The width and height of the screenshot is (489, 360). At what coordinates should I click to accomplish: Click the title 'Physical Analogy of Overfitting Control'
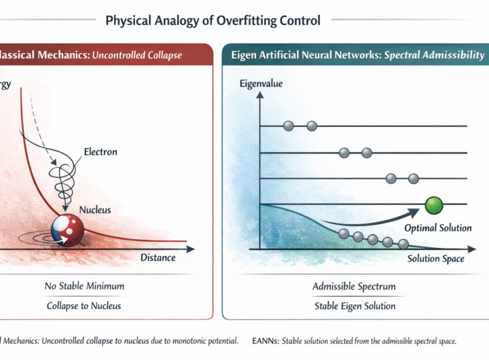[213, 20]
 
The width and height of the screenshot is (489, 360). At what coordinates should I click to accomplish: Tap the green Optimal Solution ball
[433, 204]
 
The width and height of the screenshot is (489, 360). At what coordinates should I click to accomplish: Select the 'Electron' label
[101, 151]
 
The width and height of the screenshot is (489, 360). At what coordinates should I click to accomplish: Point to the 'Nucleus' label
[94, 211]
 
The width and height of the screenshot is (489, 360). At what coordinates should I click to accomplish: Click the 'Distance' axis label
[158, 257]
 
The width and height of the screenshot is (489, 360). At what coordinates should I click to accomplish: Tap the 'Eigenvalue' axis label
[261, 84]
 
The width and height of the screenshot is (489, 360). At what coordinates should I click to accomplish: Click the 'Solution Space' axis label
[436, 259]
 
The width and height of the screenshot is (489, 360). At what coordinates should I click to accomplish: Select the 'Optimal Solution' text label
[438, 228]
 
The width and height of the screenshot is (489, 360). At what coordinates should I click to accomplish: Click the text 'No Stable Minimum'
[84, 286]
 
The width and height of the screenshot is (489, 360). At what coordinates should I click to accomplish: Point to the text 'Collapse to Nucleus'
[84, 306]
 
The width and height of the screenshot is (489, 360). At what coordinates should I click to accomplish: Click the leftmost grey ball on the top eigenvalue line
[288, 126]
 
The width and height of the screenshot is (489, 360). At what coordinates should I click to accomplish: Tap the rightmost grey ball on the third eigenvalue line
[413, 179]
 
